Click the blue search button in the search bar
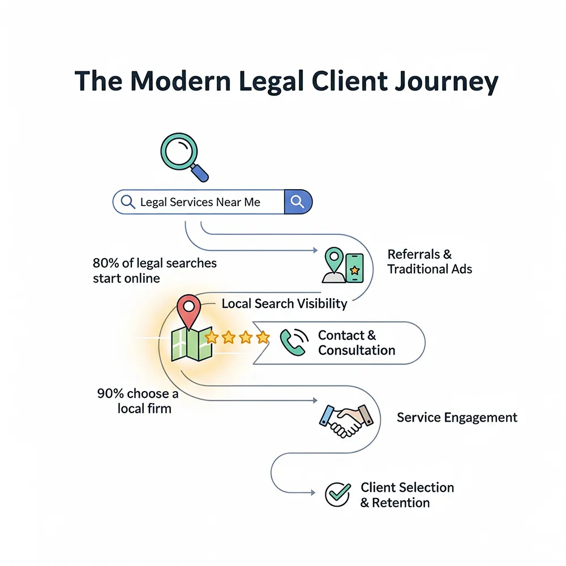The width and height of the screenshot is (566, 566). (x=298, y=201)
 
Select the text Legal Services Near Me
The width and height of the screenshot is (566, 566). (x=200, y=202)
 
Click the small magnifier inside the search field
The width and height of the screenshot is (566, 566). (x=128, y=201)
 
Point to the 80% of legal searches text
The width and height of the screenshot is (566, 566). (x=154, y=271)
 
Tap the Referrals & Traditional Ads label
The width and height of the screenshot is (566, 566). (x=429, y=261)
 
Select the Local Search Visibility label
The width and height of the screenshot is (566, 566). (x=284, y=303)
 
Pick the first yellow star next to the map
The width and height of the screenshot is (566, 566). (x=212, y=338)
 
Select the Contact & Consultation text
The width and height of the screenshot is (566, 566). (x=356, y=342)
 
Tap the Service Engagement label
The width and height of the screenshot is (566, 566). (x=457, y=418)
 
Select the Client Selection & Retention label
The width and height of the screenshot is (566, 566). (x=406, y=495)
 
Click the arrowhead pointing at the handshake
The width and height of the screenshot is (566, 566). (x=315, y=400)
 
